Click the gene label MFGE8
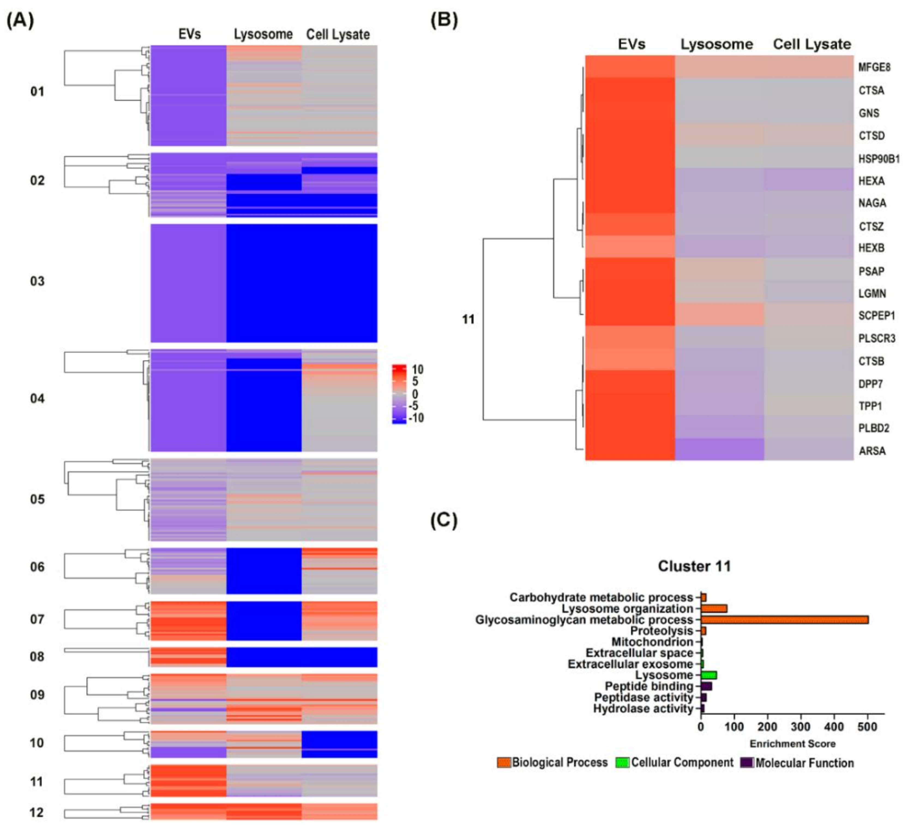[874, 67]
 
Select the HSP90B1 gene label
[878, 159]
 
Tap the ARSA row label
[872, 451]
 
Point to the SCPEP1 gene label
[876, 316]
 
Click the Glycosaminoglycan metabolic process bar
[784, 619]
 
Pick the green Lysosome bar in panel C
[709, 675]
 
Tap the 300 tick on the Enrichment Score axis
[801, 727]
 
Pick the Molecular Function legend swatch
[747, 763]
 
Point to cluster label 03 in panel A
[37, 281]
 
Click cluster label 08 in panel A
[37, 657]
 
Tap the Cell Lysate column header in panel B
[812, 44]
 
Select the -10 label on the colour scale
[416, 418]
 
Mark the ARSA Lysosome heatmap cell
[719, 449]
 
